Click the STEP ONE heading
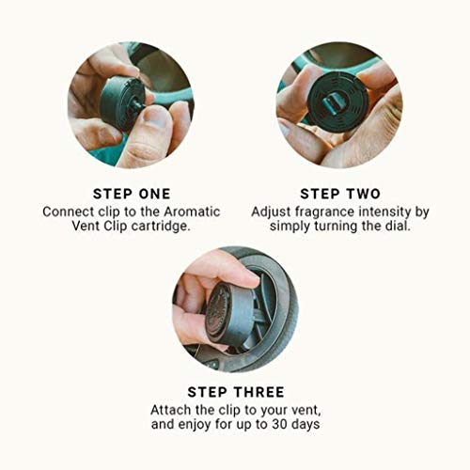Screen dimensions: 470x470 (131, 194)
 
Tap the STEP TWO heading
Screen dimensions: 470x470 (339, 194)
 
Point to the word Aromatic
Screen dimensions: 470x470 (187, 211)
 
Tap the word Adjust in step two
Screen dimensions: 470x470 (272, 211)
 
